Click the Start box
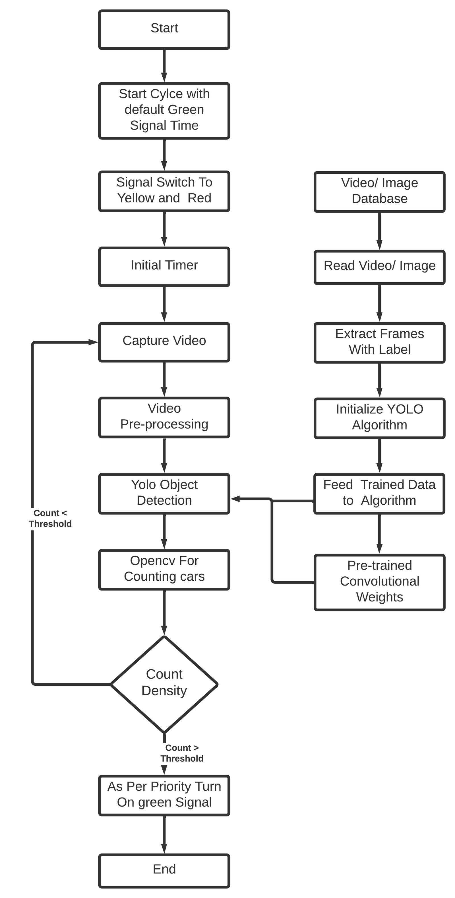(164, 29)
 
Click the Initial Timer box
(164, 267)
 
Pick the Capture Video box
(164, 342)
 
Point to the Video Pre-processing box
(164, 417)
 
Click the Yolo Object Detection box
(164, 493)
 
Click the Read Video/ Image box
(379, 267)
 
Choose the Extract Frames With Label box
(379, 343)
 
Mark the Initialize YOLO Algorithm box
(379, 418)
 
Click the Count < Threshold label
(50, 518)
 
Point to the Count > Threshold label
(182, 753)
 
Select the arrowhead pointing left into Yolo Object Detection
(236, 499)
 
